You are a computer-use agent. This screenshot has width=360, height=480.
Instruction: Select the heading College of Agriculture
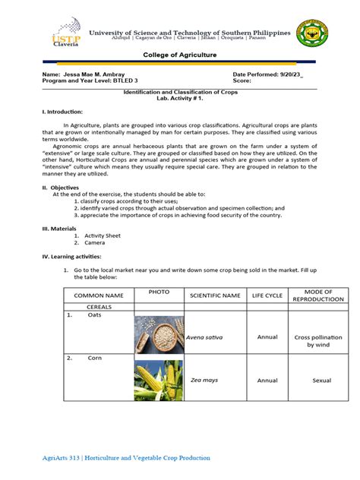[179, 56]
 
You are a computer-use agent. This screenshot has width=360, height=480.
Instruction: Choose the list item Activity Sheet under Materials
[103, 236]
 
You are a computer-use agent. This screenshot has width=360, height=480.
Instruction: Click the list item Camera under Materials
[95, 243]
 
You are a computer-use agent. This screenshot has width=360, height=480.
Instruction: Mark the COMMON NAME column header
[93, 295]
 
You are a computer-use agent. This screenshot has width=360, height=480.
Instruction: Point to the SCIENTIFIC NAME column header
[215, 295]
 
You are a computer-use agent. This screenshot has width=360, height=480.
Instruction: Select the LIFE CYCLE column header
[267, 295]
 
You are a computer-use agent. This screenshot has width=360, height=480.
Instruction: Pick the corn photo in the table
[158, 380]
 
